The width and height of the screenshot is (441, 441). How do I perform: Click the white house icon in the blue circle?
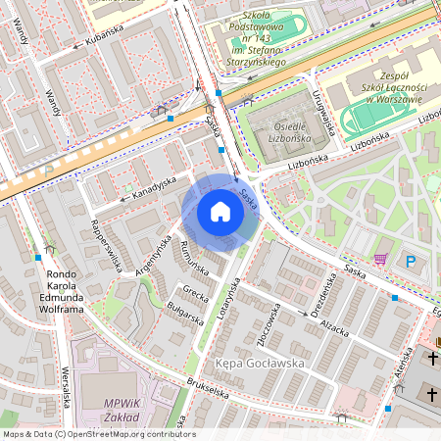point(220,212)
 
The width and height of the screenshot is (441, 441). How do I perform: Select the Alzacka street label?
point(334,326)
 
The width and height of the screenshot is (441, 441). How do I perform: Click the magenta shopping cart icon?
point(379,259)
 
